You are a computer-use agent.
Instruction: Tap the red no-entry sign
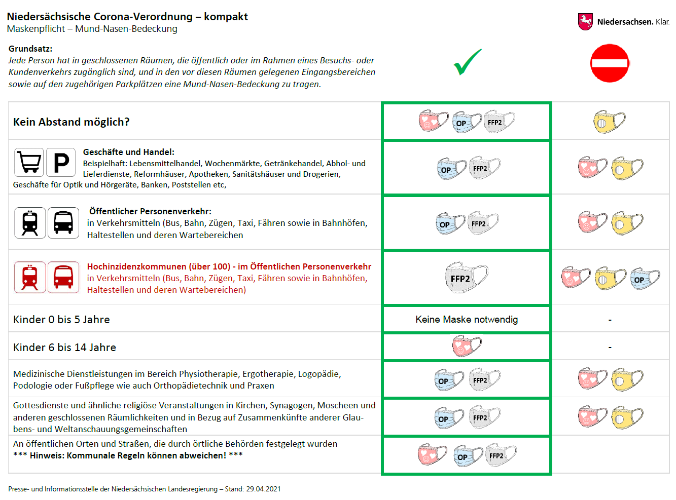click(x=609, y=63)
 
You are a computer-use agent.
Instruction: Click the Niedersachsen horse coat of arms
click(x=585, y=22)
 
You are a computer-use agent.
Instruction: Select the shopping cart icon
click(x=29, y=162)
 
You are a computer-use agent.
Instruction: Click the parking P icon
click(x=61, y=162)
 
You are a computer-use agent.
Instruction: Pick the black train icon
click(x=30, y=222)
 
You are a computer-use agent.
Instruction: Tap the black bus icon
click(x=63, y=222)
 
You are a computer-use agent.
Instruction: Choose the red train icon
click(x=30, y=277)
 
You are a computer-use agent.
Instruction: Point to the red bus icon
click(x=63, y=277)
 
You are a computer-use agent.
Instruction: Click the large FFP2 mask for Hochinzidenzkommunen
click(x=467, y=277)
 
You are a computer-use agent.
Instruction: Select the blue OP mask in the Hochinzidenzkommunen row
click(x=645, y=279)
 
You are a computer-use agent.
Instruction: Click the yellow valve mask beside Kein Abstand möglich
click(x=609, y=122)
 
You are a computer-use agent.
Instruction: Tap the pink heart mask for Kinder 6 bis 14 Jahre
click(x=467, y=345)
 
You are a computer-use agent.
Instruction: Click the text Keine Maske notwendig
click(x=467, y=319)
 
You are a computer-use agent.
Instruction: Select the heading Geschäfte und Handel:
click(x=129, y=152)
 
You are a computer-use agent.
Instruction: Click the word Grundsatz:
click(x=30, y=49)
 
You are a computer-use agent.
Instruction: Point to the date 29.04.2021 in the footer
click(x=263, y=489)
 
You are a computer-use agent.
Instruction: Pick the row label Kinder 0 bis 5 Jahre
click(x=61, y=320)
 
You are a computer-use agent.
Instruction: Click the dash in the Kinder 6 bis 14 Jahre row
click(x=610, y=348)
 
